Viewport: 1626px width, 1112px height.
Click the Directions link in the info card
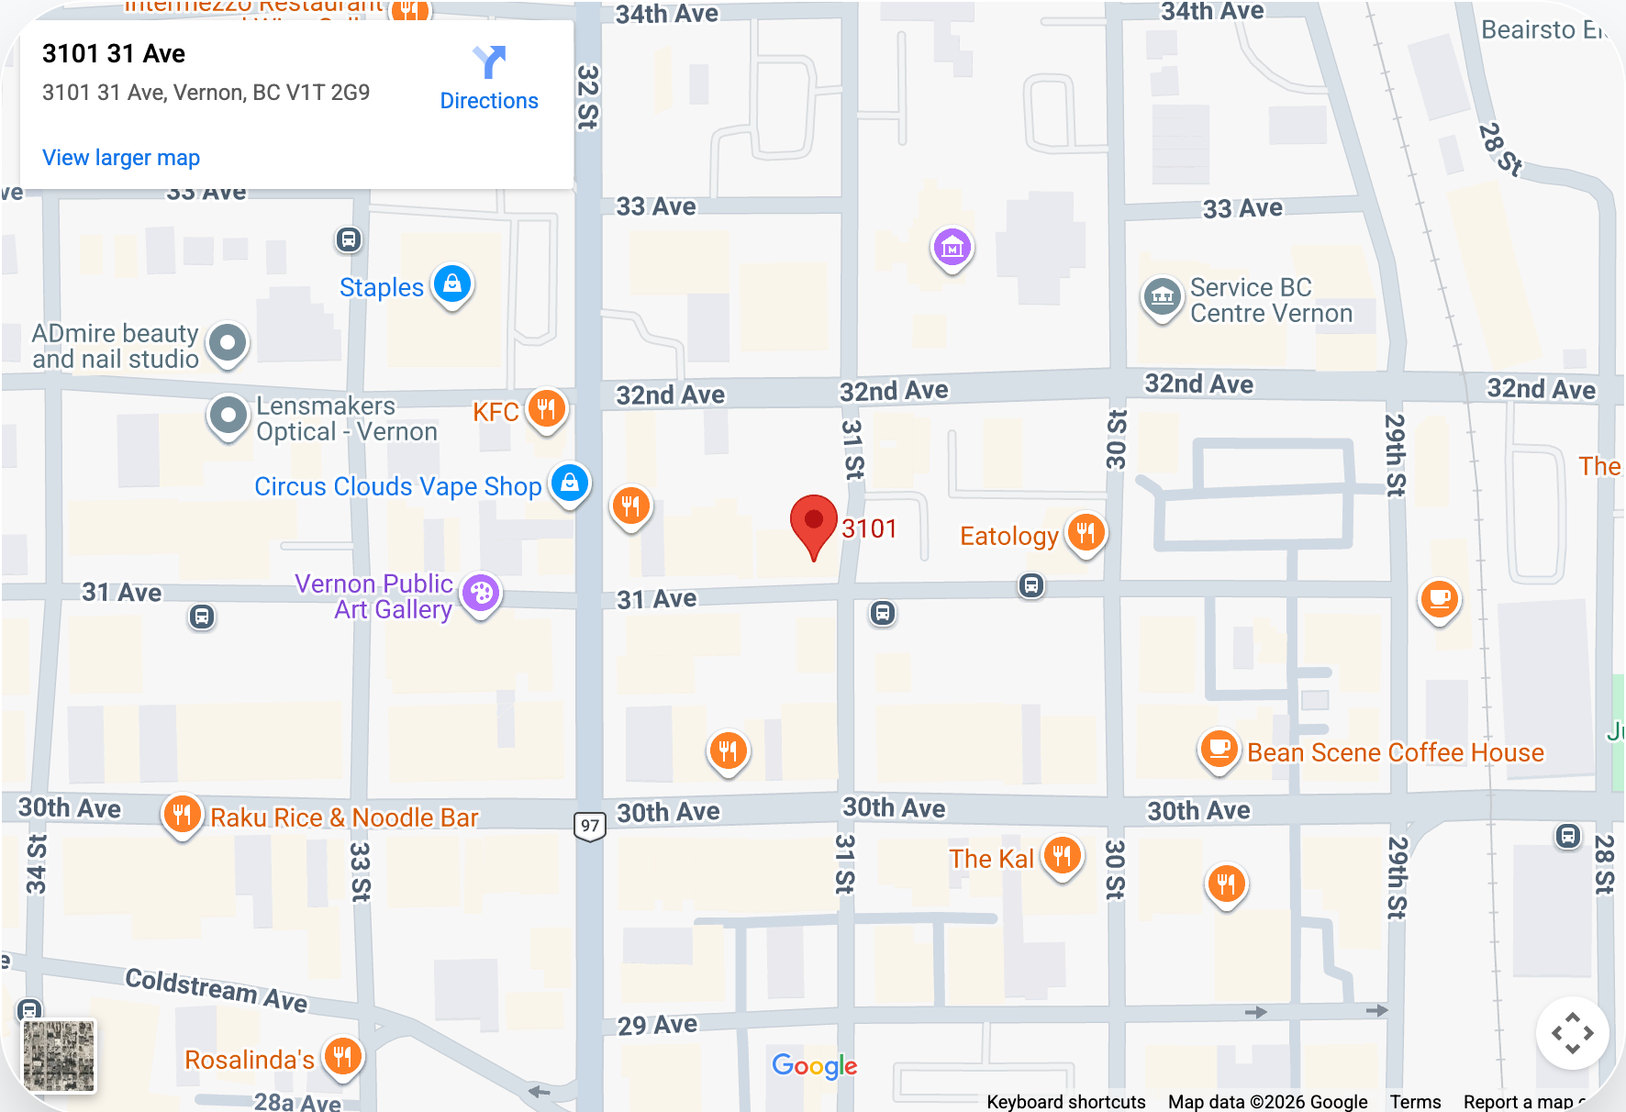(488, 79)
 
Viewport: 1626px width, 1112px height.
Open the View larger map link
(121, 158)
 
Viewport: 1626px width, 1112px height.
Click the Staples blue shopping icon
(452, 284)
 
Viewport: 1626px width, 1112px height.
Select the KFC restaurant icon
(546, 409)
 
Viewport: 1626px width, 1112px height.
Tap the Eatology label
(1008, 536)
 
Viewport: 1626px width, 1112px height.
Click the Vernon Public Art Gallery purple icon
(481, 594)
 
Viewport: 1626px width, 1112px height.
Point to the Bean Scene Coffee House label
(1395, 752)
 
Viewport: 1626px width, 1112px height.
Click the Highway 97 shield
(590, 825)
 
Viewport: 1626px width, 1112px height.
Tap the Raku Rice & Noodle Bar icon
(182, 814)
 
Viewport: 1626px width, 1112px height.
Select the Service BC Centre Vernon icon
(1162, 296)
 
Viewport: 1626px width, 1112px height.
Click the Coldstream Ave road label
(217, 989)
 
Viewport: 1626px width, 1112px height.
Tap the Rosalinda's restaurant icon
(342, 1056)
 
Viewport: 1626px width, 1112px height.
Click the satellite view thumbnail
(59, 1056)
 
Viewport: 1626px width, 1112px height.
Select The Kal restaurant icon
(1062, 856)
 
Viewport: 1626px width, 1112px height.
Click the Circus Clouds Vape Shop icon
(569, 483)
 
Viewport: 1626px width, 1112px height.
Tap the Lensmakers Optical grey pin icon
(228, 416)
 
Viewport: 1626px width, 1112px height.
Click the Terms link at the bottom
(1414, 1101)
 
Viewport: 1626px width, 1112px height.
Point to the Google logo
(814, 1065)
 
